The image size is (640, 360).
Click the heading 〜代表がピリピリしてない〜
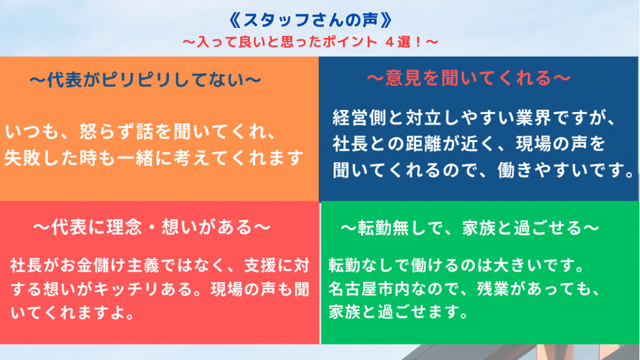[x=146, y=80]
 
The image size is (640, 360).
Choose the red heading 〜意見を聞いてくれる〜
[x=468, y=78]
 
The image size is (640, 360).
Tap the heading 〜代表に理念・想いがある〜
[x=151, y=227]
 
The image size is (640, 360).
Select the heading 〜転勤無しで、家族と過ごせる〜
[x=469, y=228]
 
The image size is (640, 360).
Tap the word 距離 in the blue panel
[x=424, y=144]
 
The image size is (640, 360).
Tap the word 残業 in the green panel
[x=493, y=289]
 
